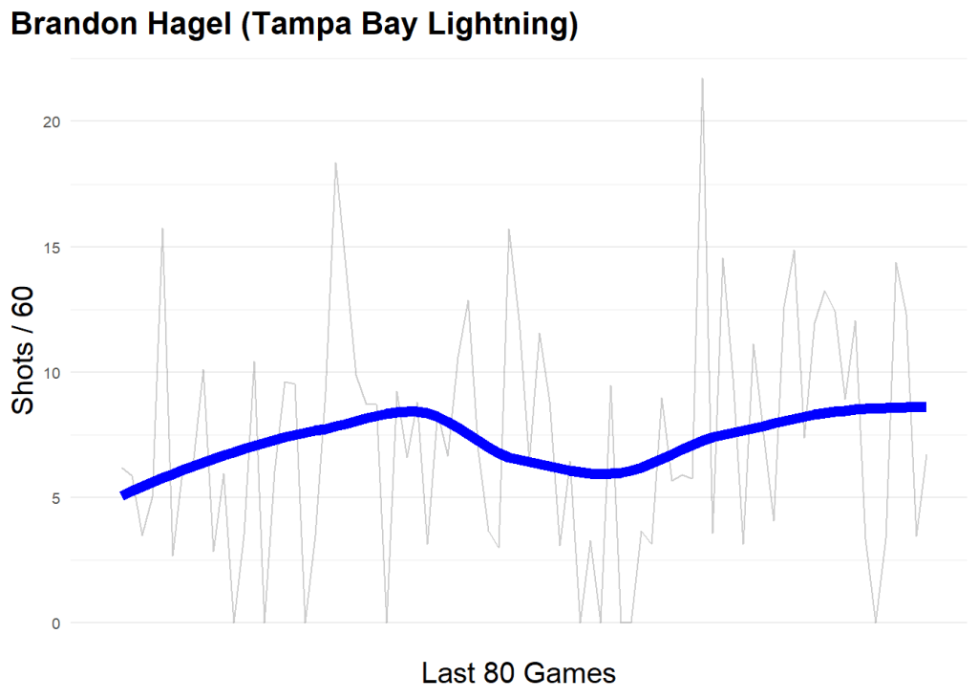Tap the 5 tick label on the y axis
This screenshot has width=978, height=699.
54,498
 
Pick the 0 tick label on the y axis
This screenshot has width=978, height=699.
54,623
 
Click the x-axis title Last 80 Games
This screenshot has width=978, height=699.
518,673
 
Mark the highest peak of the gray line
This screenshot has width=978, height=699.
702,78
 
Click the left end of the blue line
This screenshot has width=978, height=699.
123,494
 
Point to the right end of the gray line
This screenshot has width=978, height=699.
926,455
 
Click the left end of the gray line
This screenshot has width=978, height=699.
122,468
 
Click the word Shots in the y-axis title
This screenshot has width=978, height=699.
25,386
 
